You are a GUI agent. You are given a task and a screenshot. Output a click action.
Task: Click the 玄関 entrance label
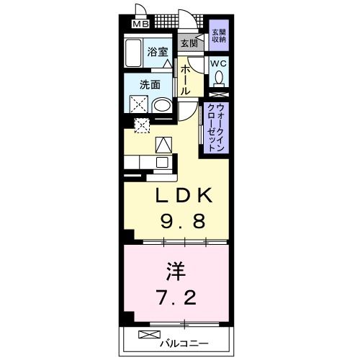189,43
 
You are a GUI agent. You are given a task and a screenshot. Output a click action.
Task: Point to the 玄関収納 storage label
217,36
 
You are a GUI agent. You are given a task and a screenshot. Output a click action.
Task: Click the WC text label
218,63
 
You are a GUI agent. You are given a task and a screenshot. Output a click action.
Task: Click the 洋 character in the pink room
177,272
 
